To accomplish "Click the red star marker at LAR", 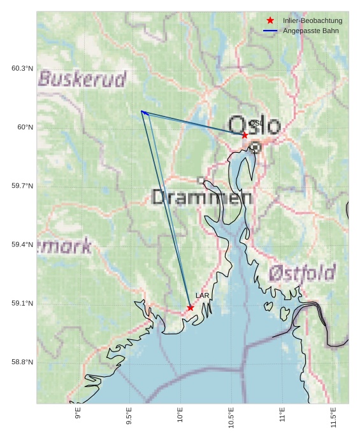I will tap(191, 308).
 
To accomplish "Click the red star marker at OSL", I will tap(245, 135).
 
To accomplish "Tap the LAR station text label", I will tap(202, 295).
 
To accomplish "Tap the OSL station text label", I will tap(256, 123).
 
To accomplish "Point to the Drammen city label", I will tap(202, 197).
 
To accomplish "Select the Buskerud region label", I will tap(82, 79).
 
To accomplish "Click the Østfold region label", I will tap(301, 273).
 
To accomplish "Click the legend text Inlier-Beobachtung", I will tap(312, 20).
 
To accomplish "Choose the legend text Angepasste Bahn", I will tap(310, 31).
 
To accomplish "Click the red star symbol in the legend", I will tap(270, 20).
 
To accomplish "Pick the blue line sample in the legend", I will tap(270, 31).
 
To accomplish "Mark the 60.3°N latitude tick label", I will tap(22, 68).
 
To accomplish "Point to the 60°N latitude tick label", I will tap(25, 127).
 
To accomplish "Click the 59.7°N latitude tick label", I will tap(22, 186).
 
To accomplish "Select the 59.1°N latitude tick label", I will tap(22, 303).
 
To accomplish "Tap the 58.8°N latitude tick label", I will tap(22, 362).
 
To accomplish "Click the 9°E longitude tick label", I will tap(78, 416).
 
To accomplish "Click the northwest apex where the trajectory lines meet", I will tap(142, 111).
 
